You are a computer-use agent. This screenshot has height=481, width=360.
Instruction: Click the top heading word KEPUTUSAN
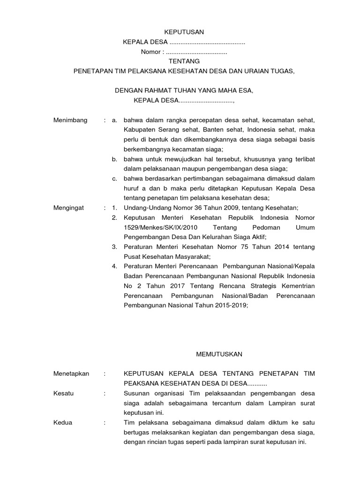(184, 32)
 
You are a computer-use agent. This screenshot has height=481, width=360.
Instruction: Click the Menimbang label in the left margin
(71, 120)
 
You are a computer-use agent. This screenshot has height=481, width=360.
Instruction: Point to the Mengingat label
(69, 208)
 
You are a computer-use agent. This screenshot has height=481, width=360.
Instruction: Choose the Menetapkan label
(71, 373)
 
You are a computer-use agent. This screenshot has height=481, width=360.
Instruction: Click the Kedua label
(63, 423)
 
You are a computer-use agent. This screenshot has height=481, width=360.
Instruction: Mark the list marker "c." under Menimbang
(114, 178)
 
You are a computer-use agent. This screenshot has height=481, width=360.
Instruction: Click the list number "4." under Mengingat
(114, 266)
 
